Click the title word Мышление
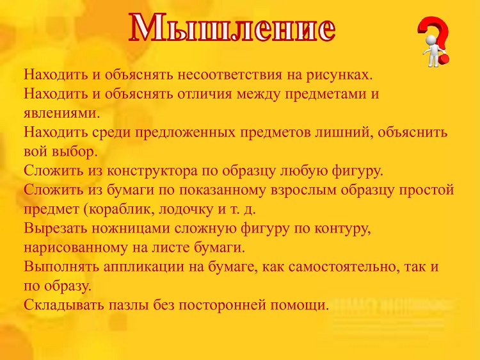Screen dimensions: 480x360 (232, 28)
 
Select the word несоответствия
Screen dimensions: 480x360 (230, 75)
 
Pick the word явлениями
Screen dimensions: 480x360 (62, 113)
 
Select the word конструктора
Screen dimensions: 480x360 (152, 171)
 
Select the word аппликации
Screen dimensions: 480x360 (144, 267)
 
